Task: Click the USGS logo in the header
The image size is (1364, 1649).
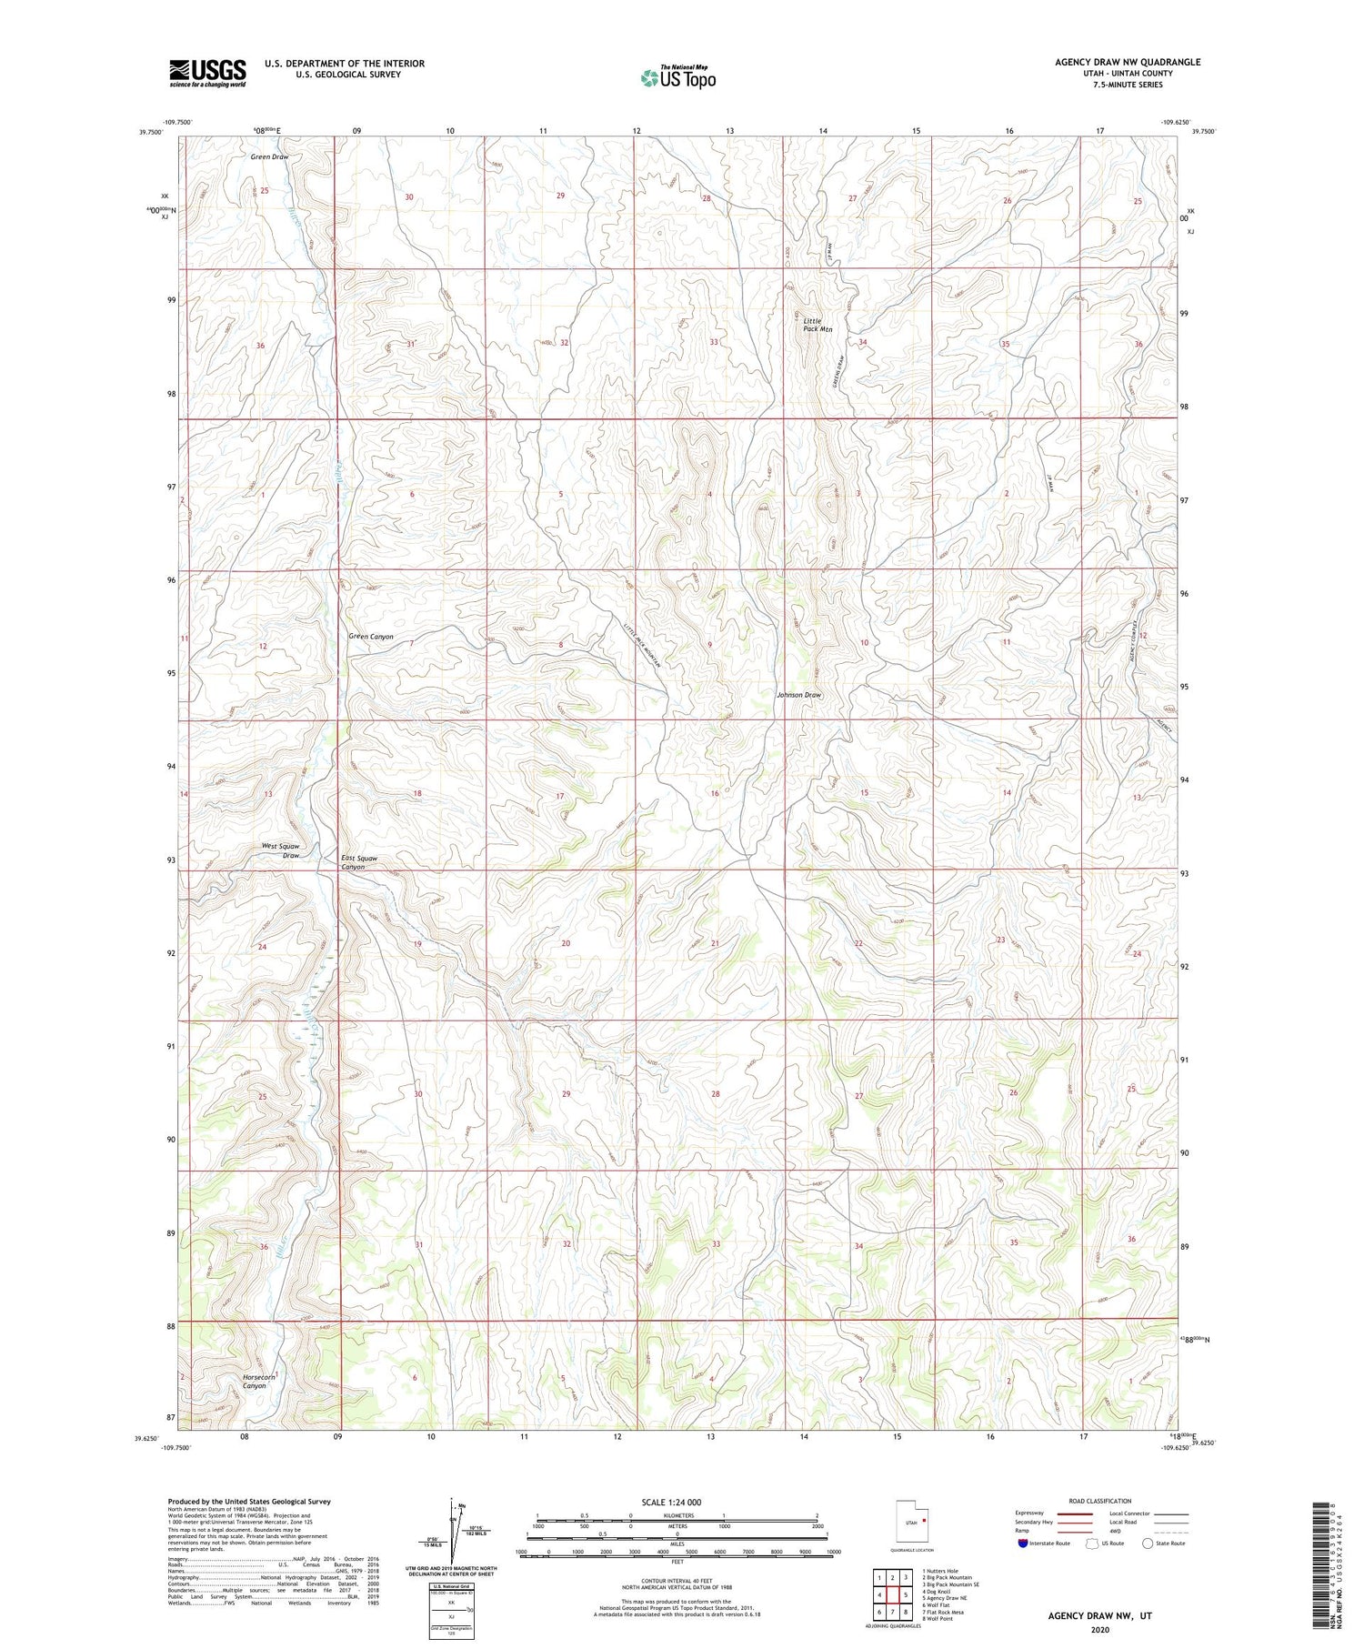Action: click(207, 73)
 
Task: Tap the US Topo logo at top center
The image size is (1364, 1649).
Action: click(677, 77)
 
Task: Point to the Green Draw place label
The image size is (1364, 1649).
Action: click(269, 156)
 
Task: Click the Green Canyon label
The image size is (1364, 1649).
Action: click(371, 637)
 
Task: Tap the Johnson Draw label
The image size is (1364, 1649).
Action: click(798, 695)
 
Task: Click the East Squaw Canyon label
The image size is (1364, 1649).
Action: click(358, 862)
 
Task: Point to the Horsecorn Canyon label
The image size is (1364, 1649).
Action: click(255, 1381)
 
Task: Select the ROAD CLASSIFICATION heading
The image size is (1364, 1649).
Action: click(1100, 1501)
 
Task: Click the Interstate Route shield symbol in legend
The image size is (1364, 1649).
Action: click(1024, 1543)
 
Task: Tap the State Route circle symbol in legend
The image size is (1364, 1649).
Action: click(1148, 1543)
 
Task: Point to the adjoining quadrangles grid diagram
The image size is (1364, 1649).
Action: click(893, 1594)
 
